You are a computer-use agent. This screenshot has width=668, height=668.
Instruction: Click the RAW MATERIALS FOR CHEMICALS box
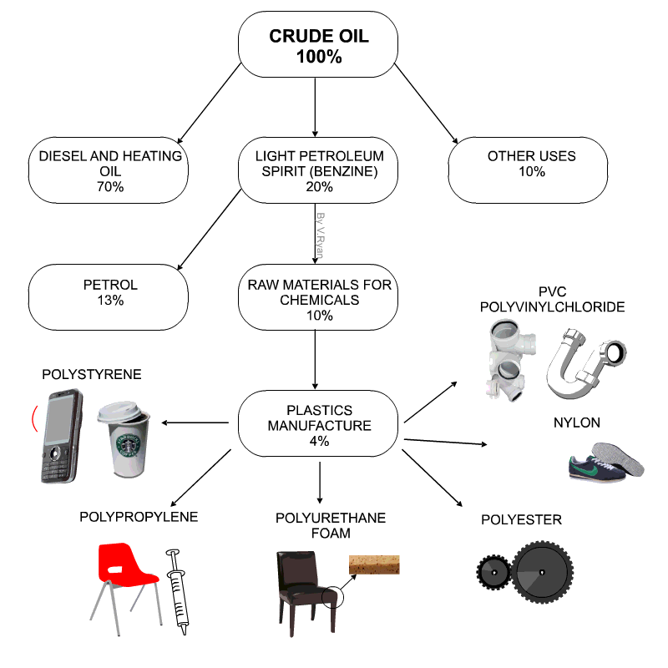click(318, 300)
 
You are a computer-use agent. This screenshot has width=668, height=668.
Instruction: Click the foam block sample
click(375, 564)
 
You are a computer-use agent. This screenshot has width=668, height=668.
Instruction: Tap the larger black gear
click(540, 572)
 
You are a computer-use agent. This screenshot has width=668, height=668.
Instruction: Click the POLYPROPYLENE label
click(139, 517)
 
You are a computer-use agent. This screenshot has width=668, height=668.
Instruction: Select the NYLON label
click(576, 423)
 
